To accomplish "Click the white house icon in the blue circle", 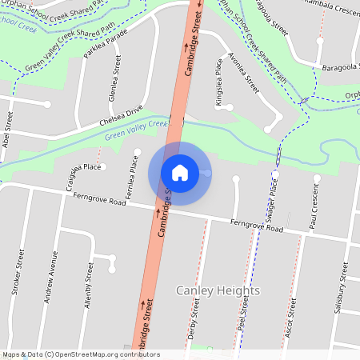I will click(x=180, y=172).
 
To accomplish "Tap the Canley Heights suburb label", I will click(x=218, y=290).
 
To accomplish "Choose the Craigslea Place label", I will click(x=81, y=167).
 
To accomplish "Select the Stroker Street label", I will click(x=18, y=277).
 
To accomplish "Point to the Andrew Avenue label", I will click(x=54, y=276).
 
